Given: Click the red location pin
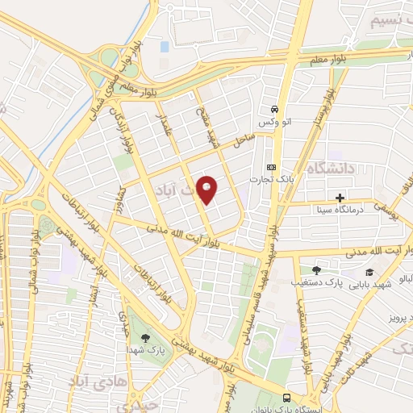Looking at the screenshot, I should (209, 190).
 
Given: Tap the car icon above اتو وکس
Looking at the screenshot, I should (275, 108).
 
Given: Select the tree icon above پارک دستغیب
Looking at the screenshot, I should (315, 271).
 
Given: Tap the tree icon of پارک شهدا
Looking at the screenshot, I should (145, 338).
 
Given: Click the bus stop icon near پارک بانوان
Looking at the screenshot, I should (288, 398).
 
